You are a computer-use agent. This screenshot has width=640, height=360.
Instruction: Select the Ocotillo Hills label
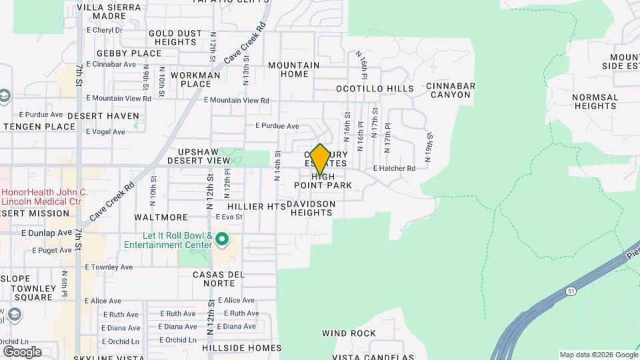point(384,89)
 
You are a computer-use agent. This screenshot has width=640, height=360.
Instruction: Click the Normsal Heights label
point(595,101)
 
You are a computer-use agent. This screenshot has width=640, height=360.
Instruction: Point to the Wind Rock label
point(349,333)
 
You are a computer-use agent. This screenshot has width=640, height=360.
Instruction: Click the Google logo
point(21,352)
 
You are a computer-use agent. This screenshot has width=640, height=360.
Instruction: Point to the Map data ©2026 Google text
point(598,355)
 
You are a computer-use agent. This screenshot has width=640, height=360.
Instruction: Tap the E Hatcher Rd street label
point(394,169)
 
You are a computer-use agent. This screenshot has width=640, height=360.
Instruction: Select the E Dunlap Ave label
point(46,233)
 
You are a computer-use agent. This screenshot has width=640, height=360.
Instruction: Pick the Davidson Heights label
point(310,208)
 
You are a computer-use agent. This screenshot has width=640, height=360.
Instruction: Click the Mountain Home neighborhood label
point(294,69)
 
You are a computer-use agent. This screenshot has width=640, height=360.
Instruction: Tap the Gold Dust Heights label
point(172,37)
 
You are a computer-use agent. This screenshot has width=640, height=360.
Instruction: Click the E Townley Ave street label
point(109,267)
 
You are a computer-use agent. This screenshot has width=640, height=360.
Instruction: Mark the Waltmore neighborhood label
point(161,217)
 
